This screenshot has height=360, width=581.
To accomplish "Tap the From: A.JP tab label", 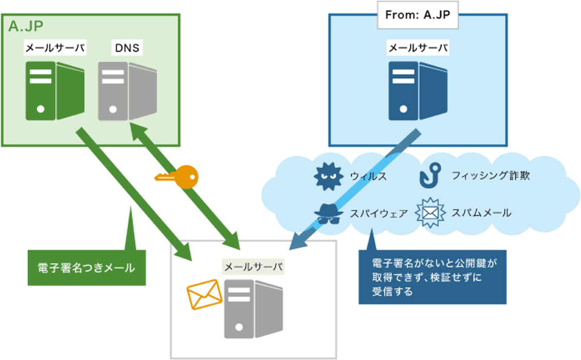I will (x=418, y=15).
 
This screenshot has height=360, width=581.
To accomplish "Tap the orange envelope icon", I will (x=204, y=294).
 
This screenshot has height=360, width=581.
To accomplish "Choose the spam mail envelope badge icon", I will (x=430, y=213).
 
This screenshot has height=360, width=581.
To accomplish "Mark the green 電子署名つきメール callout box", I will (x=86, y=268).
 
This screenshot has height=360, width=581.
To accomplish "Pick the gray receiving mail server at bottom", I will (x=253, y=309).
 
